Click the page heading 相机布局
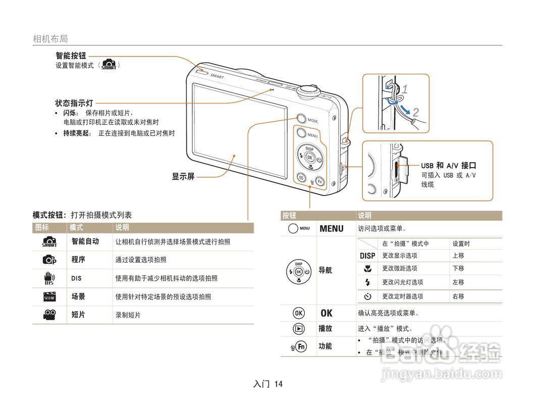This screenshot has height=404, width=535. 50,39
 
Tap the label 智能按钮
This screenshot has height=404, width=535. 71,56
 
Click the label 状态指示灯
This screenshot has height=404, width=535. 74,103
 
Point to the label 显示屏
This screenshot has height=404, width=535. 183,177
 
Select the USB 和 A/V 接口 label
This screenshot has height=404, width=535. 449,166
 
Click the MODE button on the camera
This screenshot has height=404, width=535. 301,119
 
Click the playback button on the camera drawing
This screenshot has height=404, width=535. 301,177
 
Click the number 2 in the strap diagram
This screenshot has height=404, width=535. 415,112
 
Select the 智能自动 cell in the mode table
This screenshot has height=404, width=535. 85,241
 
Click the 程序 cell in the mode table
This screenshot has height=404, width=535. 78,260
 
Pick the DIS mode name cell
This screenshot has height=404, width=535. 76,278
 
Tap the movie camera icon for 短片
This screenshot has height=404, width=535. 49,315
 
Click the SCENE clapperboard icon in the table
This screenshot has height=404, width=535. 49,296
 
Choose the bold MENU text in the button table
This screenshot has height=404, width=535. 331,229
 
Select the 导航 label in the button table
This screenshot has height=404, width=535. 325,270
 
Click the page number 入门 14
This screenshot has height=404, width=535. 268,384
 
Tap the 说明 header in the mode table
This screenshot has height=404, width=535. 122,228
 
